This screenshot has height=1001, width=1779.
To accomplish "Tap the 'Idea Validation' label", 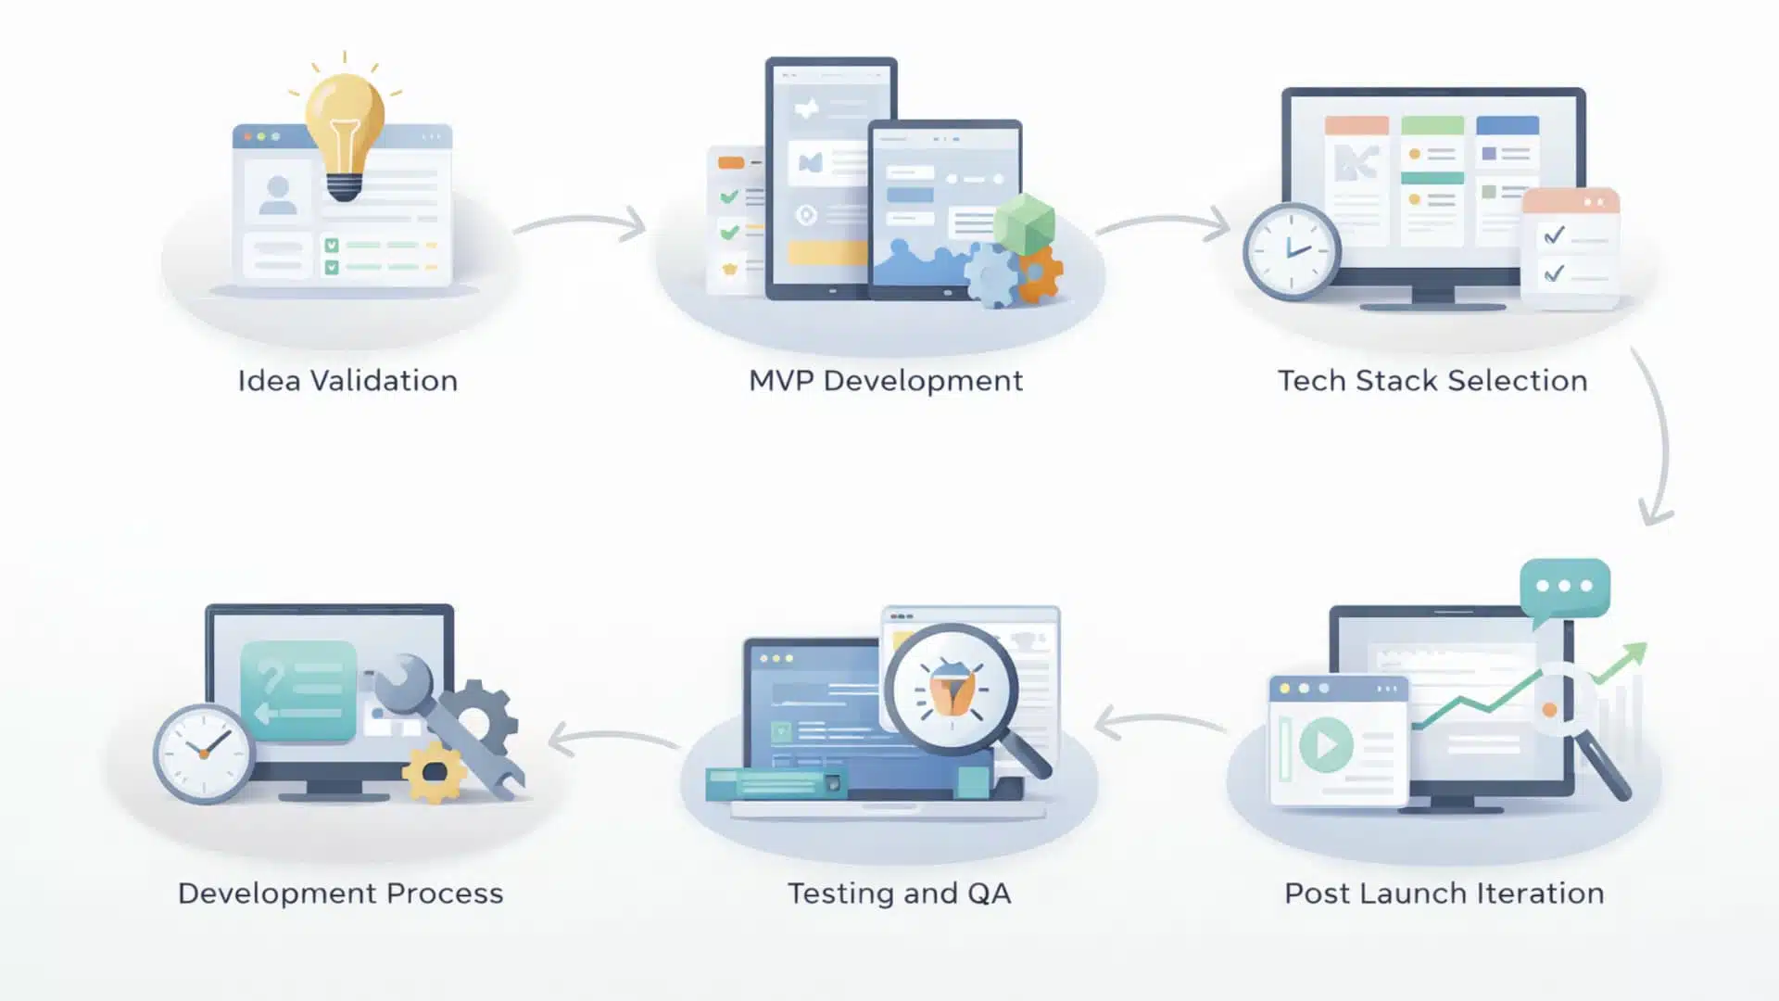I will (x=347, y=381).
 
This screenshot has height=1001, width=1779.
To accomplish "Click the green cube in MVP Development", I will (x=1024, y=223).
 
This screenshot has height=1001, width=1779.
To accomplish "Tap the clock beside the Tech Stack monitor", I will (x=1291, y=251).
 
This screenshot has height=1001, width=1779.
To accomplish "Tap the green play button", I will (x=1326, y=744).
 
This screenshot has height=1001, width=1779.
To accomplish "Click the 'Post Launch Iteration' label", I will (x=1444, y=893).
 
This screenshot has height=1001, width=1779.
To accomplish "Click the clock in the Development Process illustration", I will (x=203, y=753).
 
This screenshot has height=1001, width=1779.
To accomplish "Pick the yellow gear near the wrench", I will (x=434, y=772).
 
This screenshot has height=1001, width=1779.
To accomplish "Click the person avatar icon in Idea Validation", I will (x=277, y=195).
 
